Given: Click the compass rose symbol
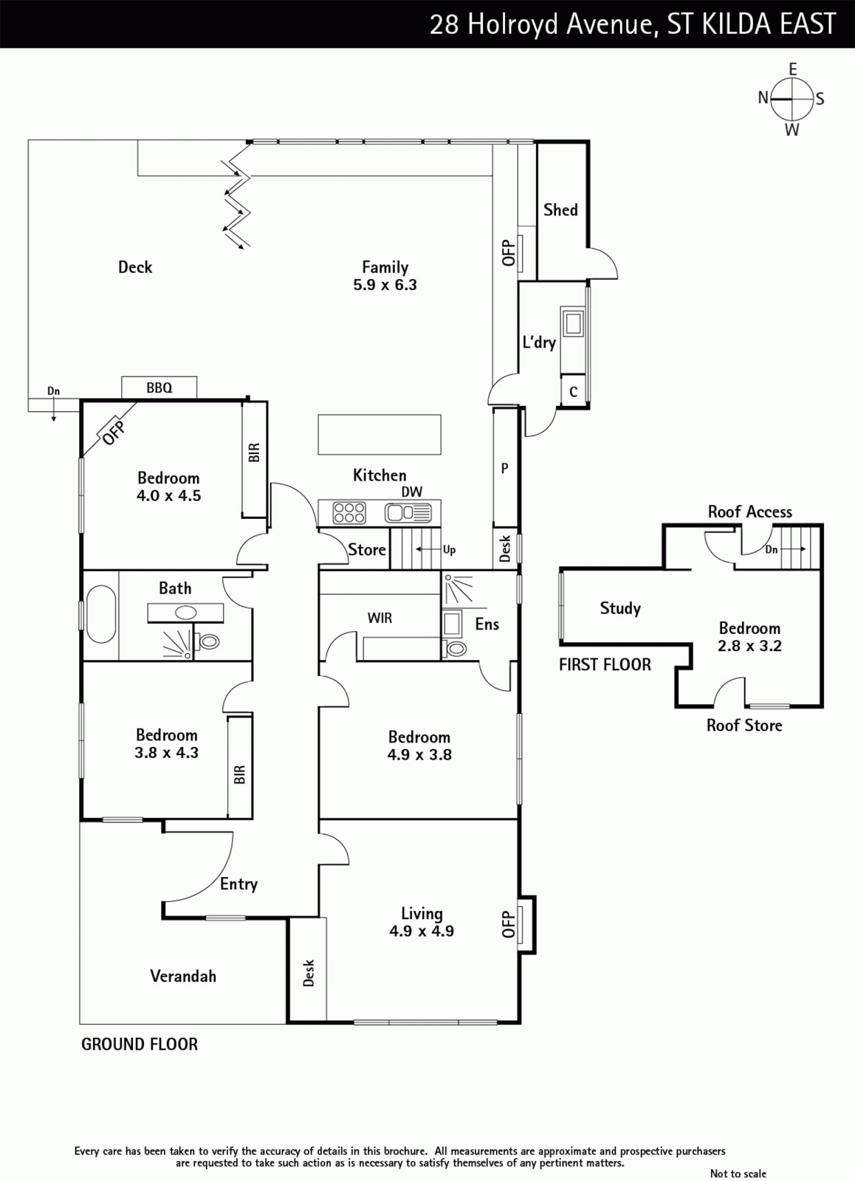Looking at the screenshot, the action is pyautogui.click(x=792, y=99).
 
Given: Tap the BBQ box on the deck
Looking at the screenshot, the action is pyautogui.click(x=159, y=388).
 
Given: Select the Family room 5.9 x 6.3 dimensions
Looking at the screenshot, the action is pyautogui.click(x=385, y=285).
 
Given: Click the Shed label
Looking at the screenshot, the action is pyautogui.click(x=560, y=210).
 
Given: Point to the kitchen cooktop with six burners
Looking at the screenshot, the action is pyautogui.click(x=349, y=512).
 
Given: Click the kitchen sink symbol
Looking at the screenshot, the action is pyautogui.click(x=408, y=512).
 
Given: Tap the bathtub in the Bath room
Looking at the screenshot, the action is pyautogui.click(x=101, y=615).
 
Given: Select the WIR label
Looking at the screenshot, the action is pyautogui.click(x=380, y=617).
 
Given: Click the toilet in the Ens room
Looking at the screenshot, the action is pyautogui.click(x=455, y=648).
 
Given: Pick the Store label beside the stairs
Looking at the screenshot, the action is pyautogui.click(x=367, y=549).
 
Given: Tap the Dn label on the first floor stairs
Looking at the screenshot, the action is pyautogui.click(x=771, y=549).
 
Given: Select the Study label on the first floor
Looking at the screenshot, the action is pyautogui.click(x=620, y=608).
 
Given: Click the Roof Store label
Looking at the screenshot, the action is pyautogui.click(x=744, y=725).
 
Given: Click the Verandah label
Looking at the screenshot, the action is pyautogui.click(x=183, y=976).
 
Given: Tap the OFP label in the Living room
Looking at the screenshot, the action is pyautogui.click(x=508, y=924).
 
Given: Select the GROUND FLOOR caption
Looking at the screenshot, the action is pyautogui.click(x=140, y=1044).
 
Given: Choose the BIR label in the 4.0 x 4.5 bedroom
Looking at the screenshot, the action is pyautogui.click(x=254, y=452).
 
